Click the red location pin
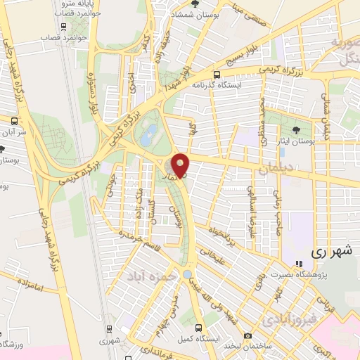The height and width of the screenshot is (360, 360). tap(181, 165)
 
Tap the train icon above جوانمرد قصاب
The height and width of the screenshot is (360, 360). tap(65, 27)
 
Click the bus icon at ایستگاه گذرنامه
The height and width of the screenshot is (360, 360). tap(216, 75)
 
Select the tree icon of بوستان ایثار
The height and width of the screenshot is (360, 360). tap(295, 129)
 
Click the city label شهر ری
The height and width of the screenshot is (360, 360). tap(330, 250)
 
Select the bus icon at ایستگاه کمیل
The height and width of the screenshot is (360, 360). tap(199, 327)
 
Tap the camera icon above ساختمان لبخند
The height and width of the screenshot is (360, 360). tap(247, 335)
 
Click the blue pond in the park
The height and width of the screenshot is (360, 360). tap(146, 140)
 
